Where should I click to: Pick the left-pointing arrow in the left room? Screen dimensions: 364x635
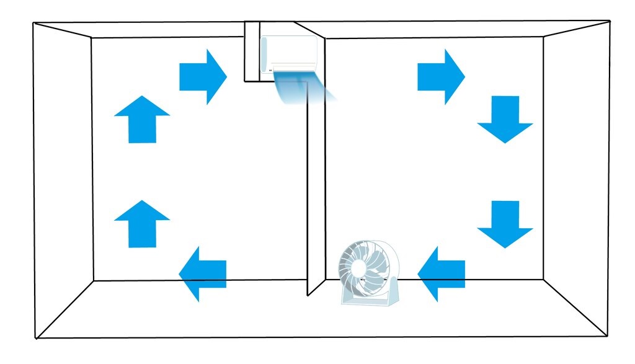click(203, 273)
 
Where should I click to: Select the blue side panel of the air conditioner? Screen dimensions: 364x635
click(265, 55)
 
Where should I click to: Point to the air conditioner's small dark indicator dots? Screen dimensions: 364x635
click(271, 71)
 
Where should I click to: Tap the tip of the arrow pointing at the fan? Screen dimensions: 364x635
click(419, 273)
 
